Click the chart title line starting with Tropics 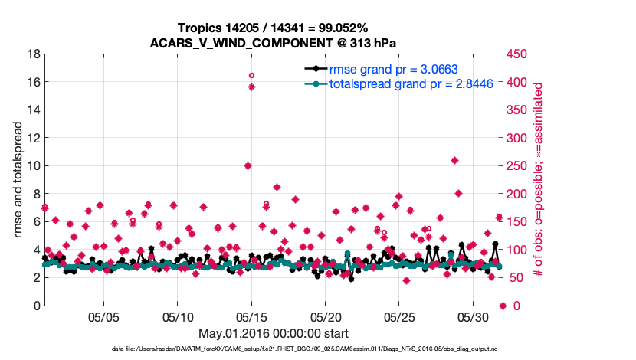275,28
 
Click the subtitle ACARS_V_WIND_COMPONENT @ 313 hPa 275,42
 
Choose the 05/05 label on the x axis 104,316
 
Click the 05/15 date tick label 252,316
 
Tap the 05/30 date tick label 474,316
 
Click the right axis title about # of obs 539,180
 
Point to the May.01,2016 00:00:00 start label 274,333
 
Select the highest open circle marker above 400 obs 251,75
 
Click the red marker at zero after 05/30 503,306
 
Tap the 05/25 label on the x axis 399,316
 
